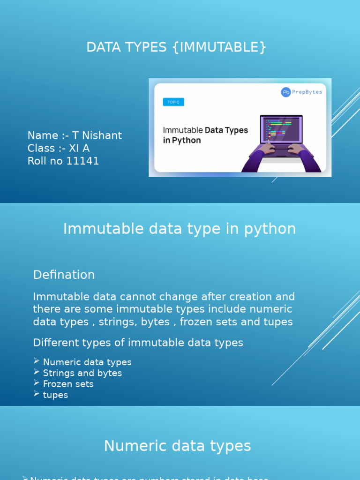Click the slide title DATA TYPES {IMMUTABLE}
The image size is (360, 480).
pyautogui.click(x=176, y=47)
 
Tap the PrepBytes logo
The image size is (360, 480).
pyautogui.click(x=301, y=92)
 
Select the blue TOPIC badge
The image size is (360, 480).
pyautogui.click(x=173, y=102)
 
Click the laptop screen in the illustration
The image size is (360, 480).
pyautogui.click(x=281, y=128)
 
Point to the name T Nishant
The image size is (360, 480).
pyautogui.click(x=97, y=135)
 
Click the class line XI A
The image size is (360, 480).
pyautogui.click(x=79, y=149)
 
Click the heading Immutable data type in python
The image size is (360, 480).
pyautogui.click(x=180, y=229)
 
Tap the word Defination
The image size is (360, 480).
pyautogui.click(x=64, y=275)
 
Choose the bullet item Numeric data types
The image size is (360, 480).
pyautogui.click(x=87, y=362)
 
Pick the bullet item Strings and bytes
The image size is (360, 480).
pyautogui.click(x=82, y=373)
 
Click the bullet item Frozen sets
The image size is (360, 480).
pyautogui.click(x=68, y=384)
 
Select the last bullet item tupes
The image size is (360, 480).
pyautogui.click(x=55, y=395)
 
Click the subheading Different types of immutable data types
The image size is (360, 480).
pyautogui.click(x=138, y=343)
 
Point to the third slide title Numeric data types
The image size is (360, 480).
pyautogui.click(x=177, y=446)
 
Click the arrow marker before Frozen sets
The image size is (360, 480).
pyautogui.click(x=37, y=383)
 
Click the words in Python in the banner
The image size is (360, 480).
pyautogui.click(x=182, y=141)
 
